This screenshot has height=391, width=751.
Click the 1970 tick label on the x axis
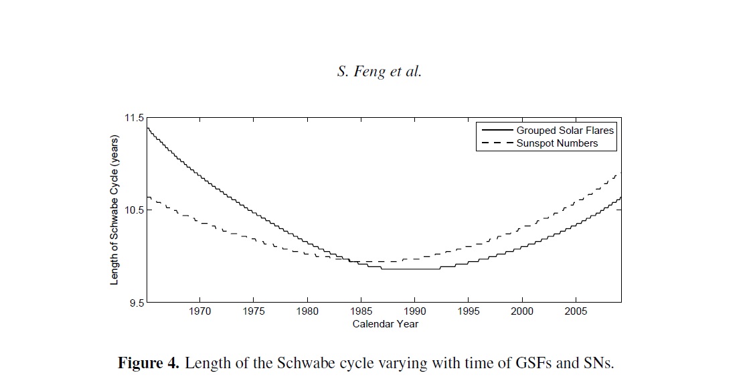[200, 311]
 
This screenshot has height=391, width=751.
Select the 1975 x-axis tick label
[254, 311]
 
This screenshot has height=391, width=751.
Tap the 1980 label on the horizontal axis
[307, 311]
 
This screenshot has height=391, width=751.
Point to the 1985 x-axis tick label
[361, 311]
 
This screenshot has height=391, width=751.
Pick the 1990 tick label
[415, 311]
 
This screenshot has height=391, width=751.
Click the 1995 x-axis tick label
[469, 311]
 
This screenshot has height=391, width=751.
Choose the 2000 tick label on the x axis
[522, 311]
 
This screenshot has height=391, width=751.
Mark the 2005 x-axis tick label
[576, 311]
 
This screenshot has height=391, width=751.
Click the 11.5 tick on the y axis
[135, 118]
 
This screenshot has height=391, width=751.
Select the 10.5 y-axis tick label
[135, 210]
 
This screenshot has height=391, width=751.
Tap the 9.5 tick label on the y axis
[137, 303]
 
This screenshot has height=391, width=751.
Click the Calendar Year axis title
[386, 324]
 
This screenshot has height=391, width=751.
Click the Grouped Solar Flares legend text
[565, 131]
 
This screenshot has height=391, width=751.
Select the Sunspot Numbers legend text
[557, 143]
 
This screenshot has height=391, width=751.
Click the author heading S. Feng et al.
[380, 72]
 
